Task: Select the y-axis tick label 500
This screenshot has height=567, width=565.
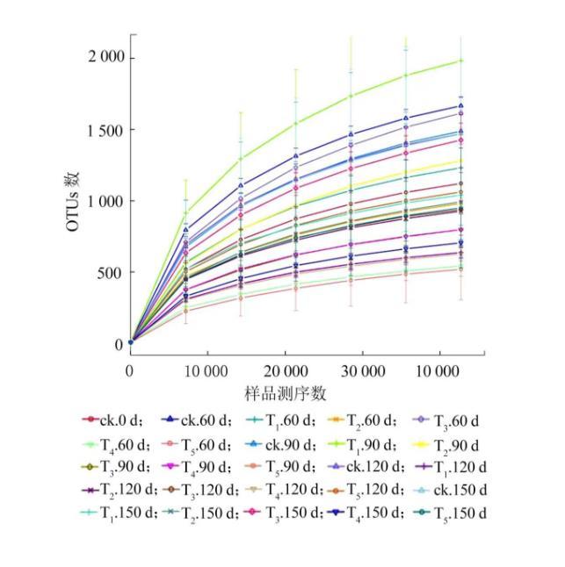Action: (111, 273)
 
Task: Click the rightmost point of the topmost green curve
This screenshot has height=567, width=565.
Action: (461, 61)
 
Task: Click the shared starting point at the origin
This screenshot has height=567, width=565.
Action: (131, 342)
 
